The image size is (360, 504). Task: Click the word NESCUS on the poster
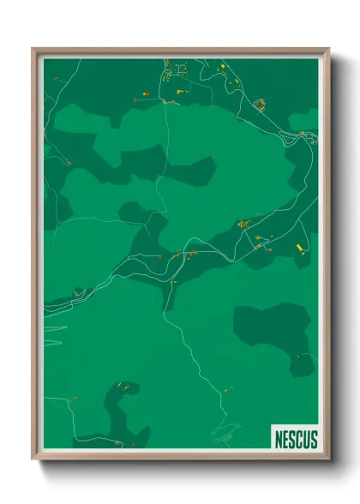coord(296,440)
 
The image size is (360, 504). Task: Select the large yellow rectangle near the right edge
coord(300,248)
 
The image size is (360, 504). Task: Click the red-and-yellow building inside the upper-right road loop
coord(261,106)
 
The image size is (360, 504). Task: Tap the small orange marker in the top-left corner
coord(56,79)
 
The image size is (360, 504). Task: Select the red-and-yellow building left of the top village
coord(147,88)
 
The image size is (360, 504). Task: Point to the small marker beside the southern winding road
coord(227,390)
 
